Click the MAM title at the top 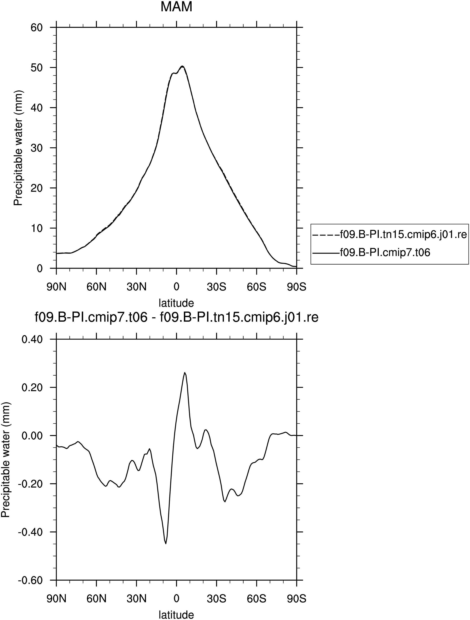coord(176,7)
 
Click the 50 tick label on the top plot coord(36,67)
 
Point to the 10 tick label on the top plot coord(36,228)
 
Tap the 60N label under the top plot coord(96,287)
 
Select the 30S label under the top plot coord(217,287)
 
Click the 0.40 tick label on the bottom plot coord(32,339)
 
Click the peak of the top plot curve coord(182,66)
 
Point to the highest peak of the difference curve coord(185,372)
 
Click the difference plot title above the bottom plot coord(176,317)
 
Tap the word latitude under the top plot coord(176,303)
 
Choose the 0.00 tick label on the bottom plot coord(32,436)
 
